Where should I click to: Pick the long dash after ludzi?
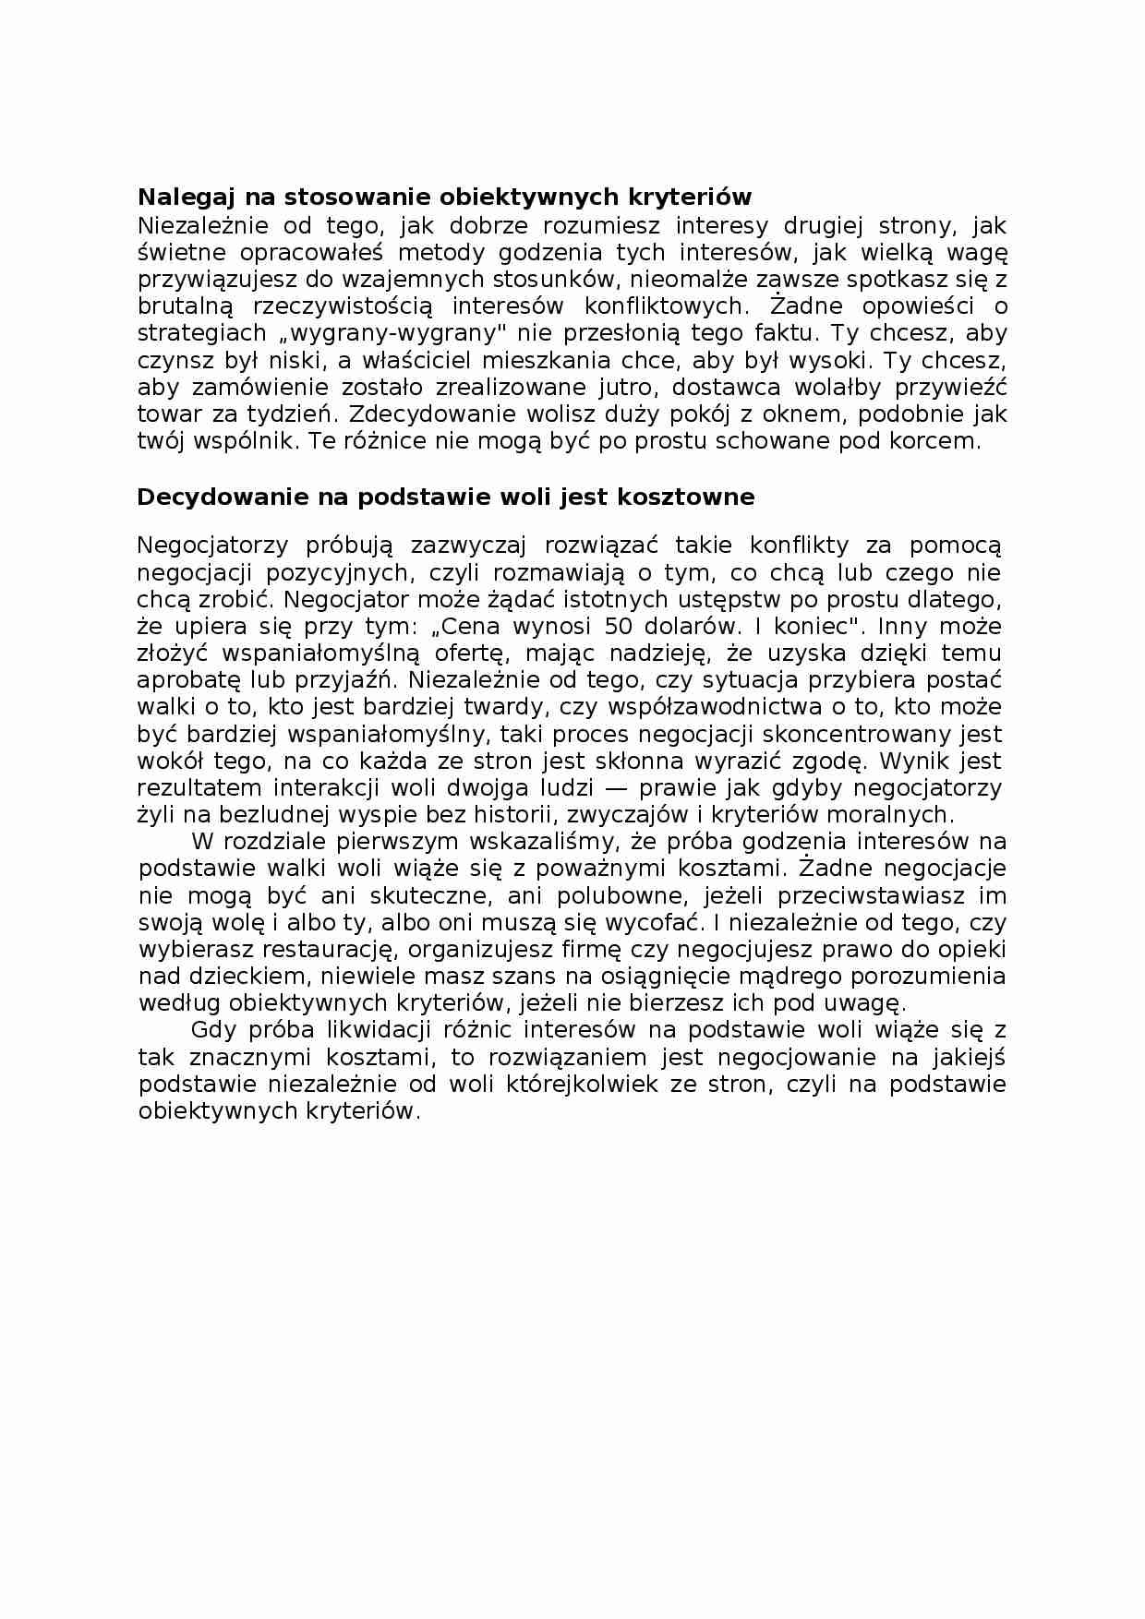pos(614,788)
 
